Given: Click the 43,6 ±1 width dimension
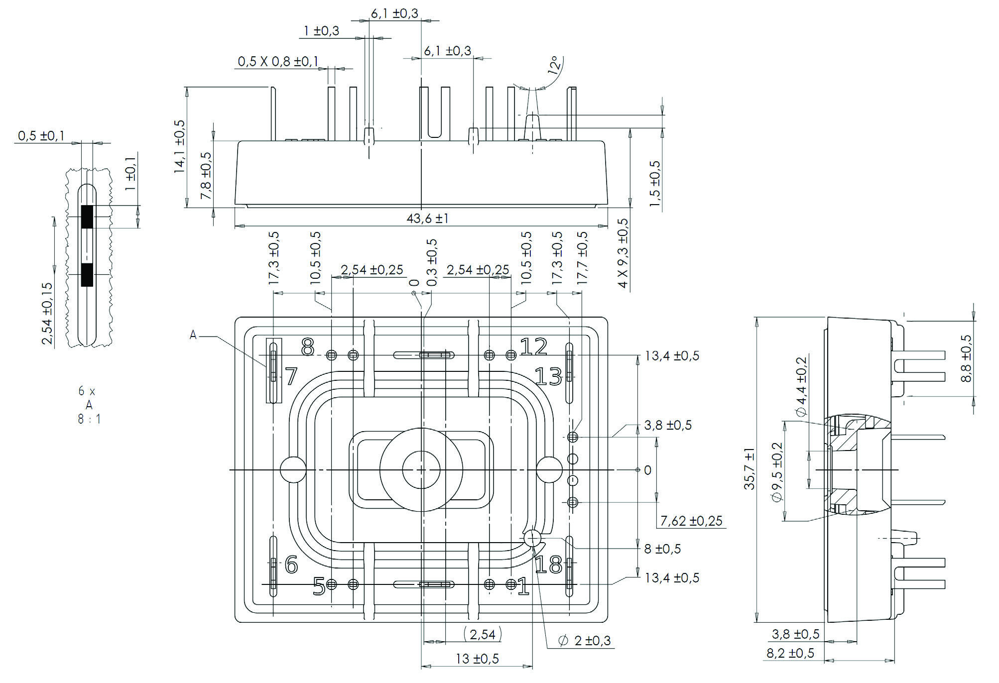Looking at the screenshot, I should pyautogui.click(x=427, y=219).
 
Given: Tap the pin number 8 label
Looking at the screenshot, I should pyautogui.click(x=308, y=347).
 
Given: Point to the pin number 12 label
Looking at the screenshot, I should pyautogui.click(x=533, y=346).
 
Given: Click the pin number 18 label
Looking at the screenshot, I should pyautogui.click(x=548, y=565).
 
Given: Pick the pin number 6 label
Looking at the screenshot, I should pyautogui.click(x=291, y=565).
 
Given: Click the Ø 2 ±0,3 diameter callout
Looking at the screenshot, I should pyautogui.click(x=585, y=641).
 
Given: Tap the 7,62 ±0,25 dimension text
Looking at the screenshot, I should pyautogui.click(x=691, y=521).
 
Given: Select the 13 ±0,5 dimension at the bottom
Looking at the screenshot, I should pyautogui.click(x=477, y=659).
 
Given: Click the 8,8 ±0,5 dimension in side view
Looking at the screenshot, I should pyautogui.click(x=966, y=358).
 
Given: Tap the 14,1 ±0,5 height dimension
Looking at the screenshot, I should pyautogui.click(x=179, y=146).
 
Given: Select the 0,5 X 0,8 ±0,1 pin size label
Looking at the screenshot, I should pyautogui.click(x=278, y=62).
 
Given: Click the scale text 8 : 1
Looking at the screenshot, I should pyautogui.click(x=89, y=419).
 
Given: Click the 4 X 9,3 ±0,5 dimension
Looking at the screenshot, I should pyautogui.click(x=623, y=253).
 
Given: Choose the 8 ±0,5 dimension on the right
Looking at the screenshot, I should pyautogui.click(x=662, y=549).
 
